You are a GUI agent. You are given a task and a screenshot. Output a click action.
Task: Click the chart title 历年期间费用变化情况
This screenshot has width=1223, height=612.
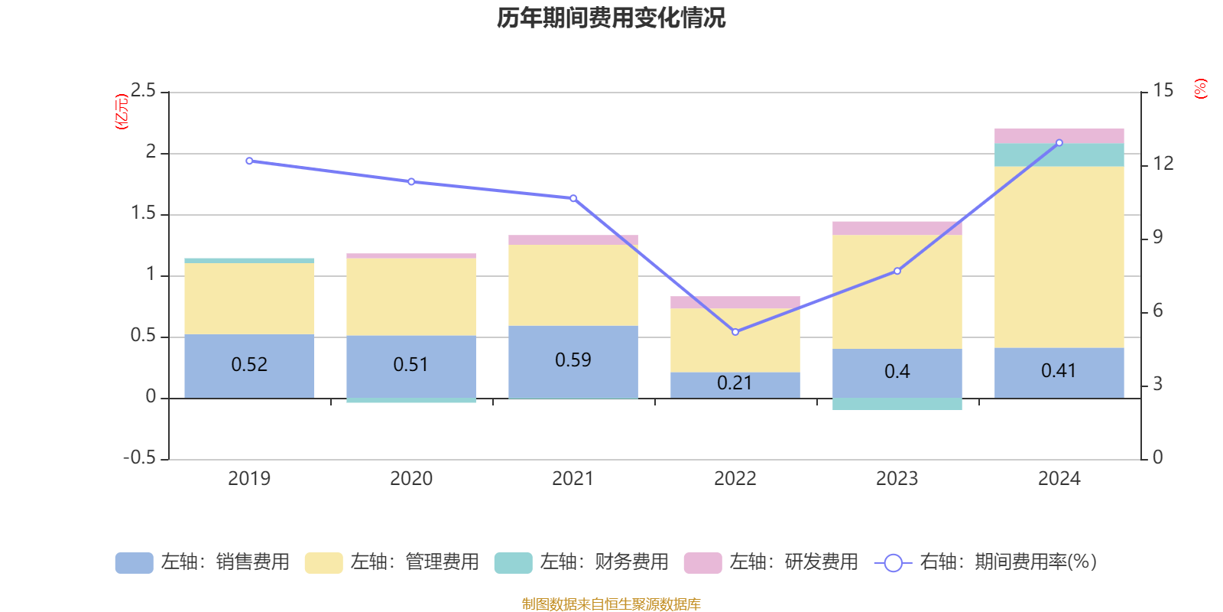[611, 18]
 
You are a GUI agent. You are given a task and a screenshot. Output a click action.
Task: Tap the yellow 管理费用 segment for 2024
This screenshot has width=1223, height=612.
[1059, 256]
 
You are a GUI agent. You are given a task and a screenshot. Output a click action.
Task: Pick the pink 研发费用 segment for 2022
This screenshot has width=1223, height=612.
[735, 302]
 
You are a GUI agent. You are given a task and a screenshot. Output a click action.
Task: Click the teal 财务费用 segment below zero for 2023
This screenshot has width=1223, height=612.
[897, 404]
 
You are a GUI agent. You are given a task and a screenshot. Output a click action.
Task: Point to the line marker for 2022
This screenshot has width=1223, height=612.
[735, 332]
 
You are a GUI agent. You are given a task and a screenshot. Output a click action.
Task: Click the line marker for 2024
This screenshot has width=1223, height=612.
[1059, 143]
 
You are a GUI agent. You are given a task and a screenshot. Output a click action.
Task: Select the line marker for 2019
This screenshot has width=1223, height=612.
[249, 161]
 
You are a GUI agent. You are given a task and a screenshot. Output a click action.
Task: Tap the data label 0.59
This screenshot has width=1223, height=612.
[573, 360]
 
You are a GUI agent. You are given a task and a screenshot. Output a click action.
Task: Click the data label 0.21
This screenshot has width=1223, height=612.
[735, 383]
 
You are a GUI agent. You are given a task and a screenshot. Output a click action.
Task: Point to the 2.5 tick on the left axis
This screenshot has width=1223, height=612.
[143, 92]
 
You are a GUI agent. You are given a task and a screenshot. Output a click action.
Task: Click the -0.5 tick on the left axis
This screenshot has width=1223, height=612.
[139, 457]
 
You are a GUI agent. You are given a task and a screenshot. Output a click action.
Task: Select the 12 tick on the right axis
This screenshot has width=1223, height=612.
[1163, 164]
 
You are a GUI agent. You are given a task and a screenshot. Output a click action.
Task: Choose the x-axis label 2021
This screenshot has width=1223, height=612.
[573, 479]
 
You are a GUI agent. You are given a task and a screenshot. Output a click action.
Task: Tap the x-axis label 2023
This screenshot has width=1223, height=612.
[897, 479]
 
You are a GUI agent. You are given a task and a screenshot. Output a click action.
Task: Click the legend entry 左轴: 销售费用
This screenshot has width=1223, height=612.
[203, 562]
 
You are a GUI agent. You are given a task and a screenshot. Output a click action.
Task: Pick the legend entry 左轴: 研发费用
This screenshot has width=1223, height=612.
[771, 562]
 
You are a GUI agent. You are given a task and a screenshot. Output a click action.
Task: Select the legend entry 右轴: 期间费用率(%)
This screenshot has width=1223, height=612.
[986, 562]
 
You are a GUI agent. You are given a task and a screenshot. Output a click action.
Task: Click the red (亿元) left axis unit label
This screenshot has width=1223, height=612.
[122, 112]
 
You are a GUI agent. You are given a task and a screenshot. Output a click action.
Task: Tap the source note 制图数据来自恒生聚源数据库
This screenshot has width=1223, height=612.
[611, 604]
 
